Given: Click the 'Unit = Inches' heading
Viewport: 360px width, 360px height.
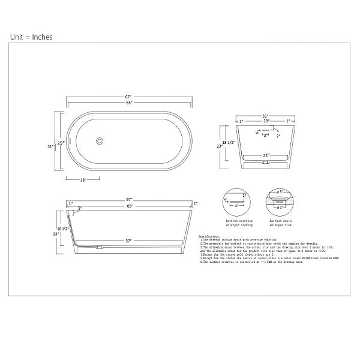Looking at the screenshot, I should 31,37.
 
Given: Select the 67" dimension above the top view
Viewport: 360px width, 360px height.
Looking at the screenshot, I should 128,96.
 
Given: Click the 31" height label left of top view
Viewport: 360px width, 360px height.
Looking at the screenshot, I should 52,146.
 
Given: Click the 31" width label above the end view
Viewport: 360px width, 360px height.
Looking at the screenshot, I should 264,115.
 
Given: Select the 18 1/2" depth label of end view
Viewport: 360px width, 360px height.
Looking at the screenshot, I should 227,143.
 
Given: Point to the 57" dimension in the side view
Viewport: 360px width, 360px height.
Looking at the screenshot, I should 128,241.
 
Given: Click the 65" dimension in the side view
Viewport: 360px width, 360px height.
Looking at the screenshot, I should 130,206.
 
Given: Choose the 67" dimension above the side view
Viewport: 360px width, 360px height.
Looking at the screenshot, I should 129,199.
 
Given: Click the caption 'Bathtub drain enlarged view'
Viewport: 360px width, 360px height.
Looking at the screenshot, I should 280,223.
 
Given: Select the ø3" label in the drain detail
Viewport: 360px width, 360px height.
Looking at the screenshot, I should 280,191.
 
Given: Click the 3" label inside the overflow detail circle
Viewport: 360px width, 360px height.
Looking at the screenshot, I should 236,205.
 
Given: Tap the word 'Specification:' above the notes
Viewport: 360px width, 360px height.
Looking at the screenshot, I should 209,236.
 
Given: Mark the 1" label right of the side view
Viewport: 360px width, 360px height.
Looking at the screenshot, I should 196,237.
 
